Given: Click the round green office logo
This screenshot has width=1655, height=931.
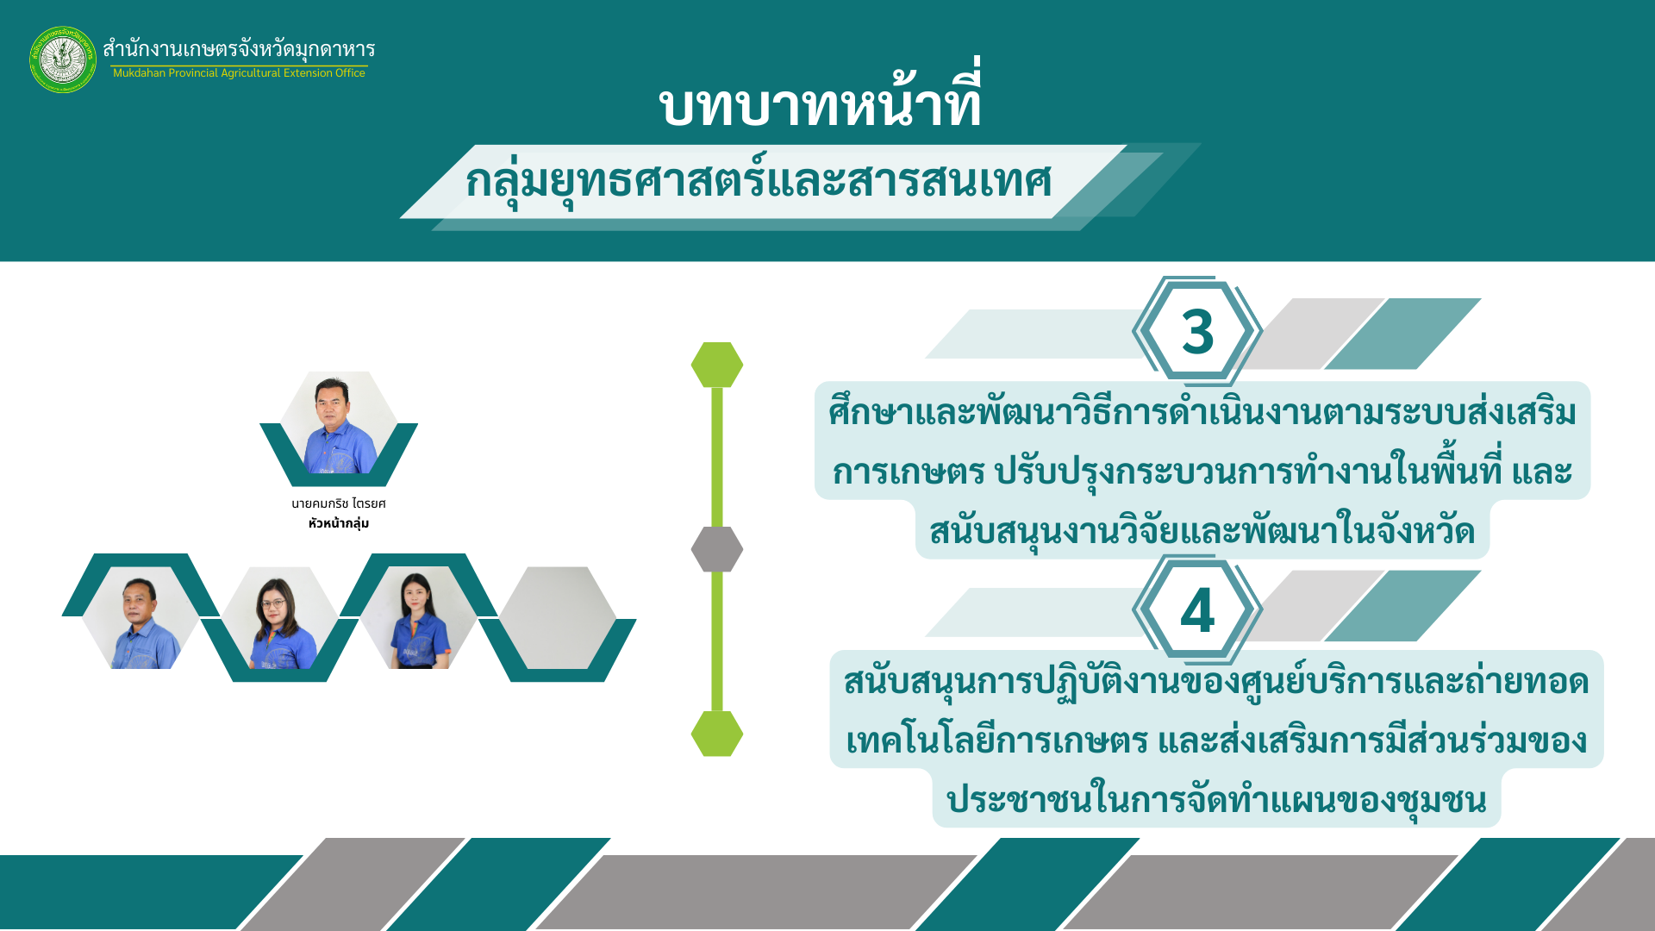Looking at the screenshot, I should [63, 59].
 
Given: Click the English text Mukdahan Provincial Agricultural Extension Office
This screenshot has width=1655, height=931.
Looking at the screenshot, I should [239, 73].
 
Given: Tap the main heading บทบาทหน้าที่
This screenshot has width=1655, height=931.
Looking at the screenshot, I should [820, 105].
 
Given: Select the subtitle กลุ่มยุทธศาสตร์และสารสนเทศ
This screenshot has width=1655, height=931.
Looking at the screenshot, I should [759, 181].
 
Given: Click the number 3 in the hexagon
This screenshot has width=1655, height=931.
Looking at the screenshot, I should [1197, 332].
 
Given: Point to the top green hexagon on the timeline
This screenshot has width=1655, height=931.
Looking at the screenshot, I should [717, 365].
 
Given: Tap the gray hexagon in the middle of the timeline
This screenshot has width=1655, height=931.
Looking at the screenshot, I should [717, 549].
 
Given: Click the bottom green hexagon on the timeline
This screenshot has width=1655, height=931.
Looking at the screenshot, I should [717, 734].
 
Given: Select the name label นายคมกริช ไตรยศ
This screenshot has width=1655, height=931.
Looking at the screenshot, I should [339, 503].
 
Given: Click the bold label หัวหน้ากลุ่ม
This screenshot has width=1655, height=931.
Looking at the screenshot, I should [339, 523].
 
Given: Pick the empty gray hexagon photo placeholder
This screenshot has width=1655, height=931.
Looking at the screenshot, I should [557, 617].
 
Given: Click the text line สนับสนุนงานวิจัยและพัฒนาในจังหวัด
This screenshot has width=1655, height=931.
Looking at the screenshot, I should [1202, 530].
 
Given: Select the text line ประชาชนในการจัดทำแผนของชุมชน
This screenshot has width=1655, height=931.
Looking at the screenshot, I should [1216, 799].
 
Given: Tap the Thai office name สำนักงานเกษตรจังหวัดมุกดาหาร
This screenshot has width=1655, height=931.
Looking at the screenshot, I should [239, 49].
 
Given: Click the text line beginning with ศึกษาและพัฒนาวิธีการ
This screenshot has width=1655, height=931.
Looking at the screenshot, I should [1202, 412].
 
